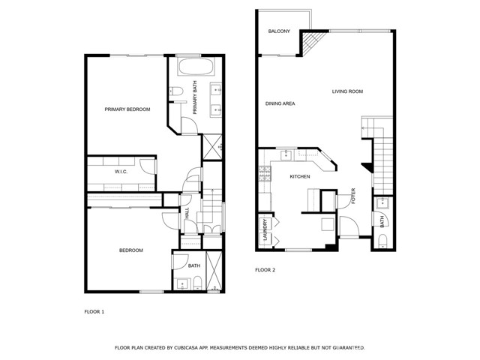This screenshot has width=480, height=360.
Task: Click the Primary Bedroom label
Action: point(127,109)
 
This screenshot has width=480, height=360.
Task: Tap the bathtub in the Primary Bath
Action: point(196,67)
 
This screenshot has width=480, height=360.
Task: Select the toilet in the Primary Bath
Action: point(175,91)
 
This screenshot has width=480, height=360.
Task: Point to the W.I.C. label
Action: point(121,172)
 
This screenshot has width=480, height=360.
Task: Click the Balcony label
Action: point(279,31)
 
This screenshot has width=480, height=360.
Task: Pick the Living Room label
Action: point(347,91)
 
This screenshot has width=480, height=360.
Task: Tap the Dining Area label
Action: point(280,103)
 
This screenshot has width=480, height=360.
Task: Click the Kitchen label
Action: point(300,177)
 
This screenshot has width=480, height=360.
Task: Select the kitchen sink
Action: point(286,155)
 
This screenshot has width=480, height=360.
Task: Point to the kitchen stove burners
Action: point(265,174)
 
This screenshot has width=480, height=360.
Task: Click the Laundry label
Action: point(265,229)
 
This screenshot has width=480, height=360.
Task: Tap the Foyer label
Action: point(353,196)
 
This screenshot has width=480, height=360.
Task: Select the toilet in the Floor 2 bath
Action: point(382,241)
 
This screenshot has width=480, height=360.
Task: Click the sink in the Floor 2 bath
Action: point(382,203)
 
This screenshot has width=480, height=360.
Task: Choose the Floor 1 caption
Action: point(94,312)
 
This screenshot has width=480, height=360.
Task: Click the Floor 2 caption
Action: point(265,270)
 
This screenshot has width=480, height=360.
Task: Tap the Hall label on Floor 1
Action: point(187,213)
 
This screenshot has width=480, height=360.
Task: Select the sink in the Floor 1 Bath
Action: point(182,284)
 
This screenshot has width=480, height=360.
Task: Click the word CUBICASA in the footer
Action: point(185,348)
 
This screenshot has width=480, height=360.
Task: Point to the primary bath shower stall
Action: point(212,146)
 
